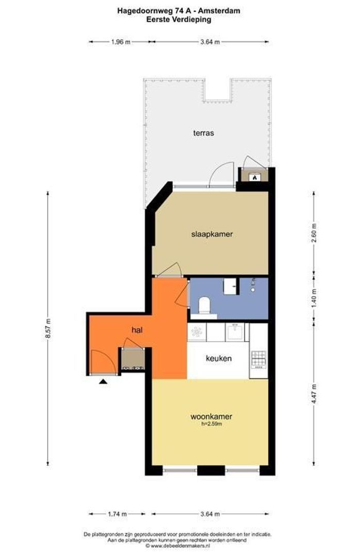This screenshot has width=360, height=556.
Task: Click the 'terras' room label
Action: [x=203, y=133]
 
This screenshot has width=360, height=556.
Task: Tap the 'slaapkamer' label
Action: [x=212, y=234]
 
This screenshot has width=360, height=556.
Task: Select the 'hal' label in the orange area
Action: [x=137, y=330]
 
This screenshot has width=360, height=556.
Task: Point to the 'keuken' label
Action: [x=218, y=358]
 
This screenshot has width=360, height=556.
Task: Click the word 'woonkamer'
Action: [x=211, y=416]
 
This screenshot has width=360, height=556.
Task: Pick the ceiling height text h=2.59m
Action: [x=212, y=424]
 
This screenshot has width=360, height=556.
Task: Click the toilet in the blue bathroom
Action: [x=204, y=305]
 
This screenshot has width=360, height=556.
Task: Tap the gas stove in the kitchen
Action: [x=259, y=359]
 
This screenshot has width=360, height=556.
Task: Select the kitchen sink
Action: [x=235, y=332]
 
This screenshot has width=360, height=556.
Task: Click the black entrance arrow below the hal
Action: [x=103, y=382]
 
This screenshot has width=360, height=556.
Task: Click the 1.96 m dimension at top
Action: [x=121, y=42]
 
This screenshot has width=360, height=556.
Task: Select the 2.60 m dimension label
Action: [x=314, y=233]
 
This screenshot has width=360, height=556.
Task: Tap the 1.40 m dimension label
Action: [x=314, y=298]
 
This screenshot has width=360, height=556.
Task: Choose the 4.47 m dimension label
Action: [x=314, y=395]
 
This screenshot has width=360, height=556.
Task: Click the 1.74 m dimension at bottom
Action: [x=117, y=514]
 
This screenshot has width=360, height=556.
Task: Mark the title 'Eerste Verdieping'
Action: [x=179, y=20]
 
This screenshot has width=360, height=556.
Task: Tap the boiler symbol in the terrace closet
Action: [x=254, y=177]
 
